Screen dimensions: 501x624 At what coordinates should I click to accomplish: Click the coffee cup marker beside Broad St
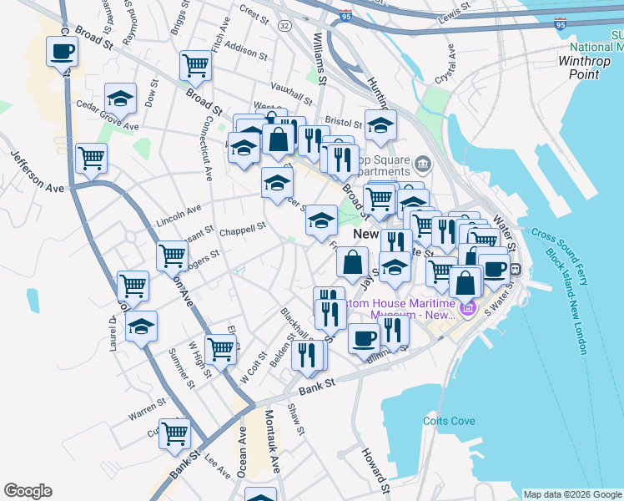click(63, 52)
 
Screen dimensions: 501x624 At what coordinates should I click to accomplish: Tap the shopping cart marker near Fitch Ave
click(195, 66)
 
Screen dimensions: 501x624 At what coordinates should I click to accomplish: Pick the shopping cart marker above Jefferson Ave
click(91, 157)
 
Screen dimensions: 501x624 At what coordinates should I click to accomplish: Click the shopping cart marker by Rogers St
click(172, 256)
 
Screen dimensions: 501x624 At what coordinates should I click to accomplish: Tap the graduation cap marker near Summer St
click(141, 326)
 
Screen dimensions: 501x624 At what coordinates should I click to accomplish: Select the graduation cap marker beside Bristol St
click(380, 126)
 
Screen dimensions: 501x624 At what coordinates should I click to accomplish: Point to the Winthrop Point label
click(590, 67)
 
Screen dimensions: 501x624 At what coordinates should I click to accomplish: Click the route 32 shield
click(284, 26)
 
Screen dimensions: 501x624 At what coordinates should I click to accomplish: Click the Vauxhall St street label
click(291, 86)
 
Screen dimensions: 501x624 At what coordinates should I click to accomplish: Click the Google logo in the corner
click(28, 491)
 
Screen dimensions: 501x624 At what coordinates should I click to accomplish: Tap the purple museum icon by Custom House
click(466, 310)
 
